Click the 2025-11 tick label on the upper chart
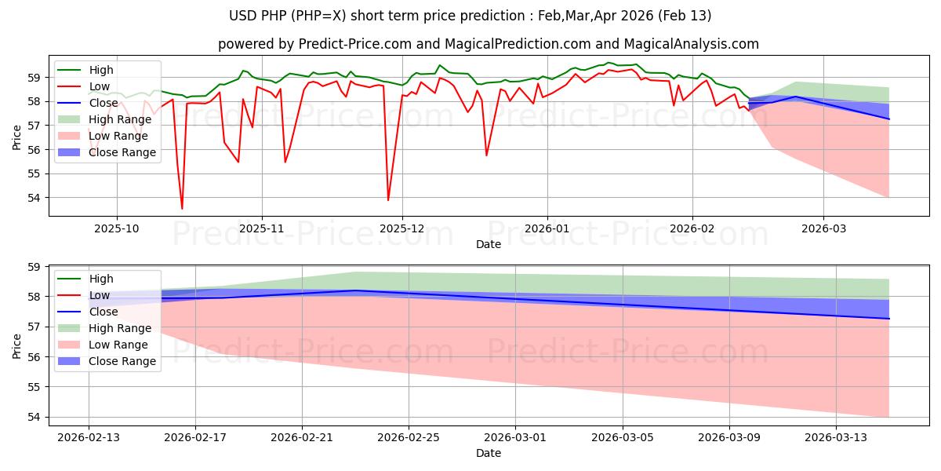[262, 228]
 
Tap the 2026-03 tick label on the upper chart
[823, 228]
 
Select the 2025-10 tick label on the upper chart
[118, 228]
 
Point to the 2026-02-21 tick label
[302, 437]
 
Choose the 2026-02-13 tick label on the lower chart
[88, 437]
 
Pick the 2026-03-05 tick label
[623, 437]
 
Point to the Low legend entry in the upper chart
[100, 86]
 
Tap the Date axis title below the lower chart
[488, 453]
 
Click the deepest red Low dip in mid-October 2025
[182, 208]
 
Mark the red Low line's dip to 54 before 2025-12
[388, 199]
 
